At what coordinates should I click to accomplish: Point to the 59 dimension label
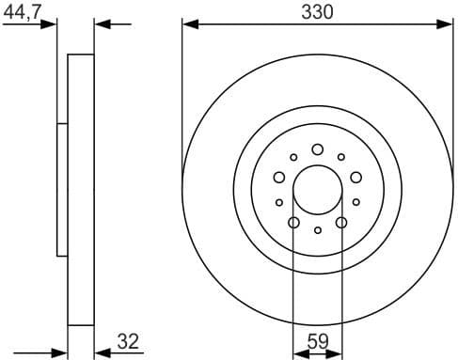coord(317,342)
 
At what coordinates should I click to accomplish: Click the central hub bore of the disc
coord(317,190)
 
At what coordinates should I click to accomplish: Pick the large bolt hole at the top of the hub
coord(317,149)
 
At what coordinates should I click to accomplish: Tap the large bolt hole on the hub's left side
coord(278,177)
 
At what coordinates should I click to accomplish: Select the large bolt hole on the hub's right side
coord(356,177)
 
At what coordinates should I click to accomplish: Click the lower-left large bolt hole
coord(293,223)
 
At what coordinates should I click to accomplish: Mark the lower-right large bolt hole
coord(341,223)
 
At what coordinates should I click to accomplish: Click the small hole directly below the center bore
coord(318,230)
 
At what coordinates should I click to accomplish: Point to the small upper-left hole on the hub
coord(293,158)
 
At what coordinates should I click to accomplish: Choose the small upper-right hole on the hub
coord(341,158)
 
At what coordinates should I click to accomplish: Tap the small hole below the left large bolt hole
coord(278,202)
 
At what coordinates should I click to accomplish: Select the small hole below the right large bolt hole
coord(356,202)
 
